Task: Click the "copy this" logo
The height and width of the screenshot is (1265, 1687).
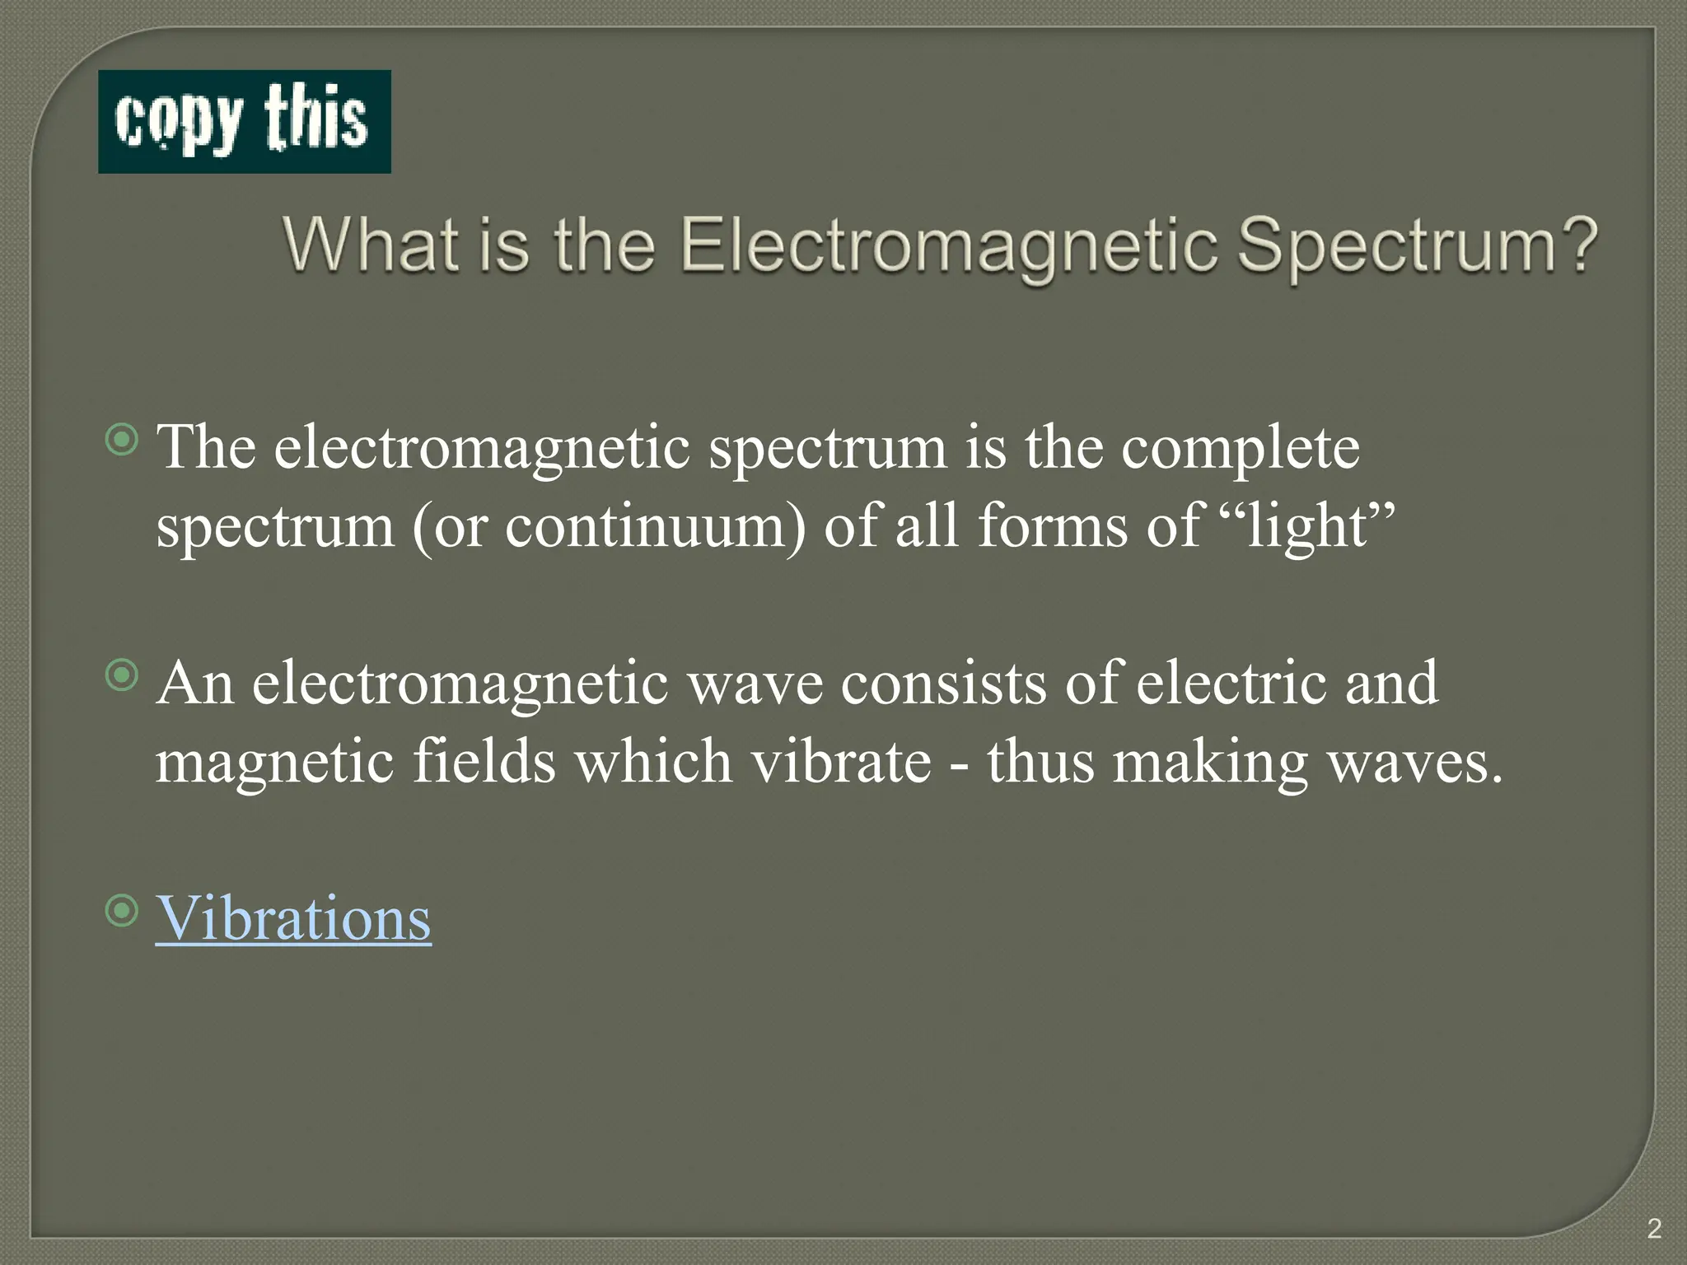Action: point(244,122)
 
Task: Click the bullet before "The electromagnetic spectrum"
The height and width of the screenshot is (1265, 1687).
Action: point(123,441)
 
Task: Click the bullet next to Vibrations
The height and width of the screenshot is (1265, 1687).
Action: point(123,912)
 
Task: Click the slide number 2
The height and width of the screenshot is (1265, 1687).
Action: point(1654,1229)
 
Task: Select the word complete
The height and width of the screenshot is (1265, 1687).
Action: point(1241,450)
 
